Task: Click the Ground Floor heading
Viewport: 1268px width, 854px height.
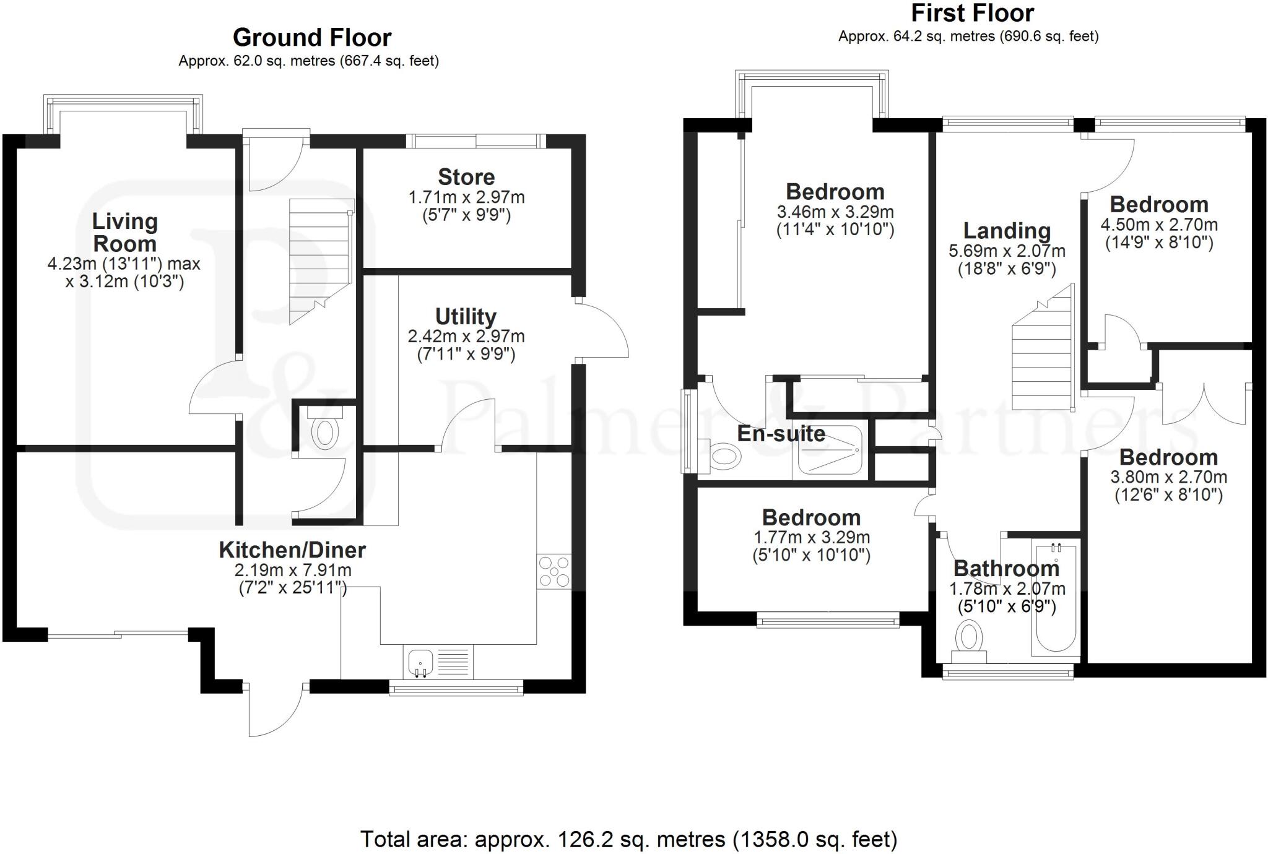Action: coord(312,38)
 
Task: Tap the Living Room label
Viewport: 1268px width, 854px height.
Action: coord(124,232)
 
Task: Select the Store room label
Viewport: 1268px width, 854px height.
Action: coord(466,177)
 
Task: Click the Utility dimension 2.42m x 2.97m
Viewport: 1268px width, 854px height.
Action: coord(466,337)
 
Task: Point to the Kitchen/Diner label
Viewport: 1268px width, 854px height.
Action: coord(292,550)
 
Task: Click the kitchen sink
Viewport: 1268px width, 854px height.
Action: coord(421,663)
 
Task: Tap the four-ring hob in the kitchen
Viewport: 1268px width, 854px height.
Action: coord(554,571)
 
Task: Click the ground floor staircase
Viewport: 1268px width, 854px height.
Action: coord(321,260)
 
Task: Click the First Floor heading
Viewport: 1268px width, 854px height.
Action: coord(972,14)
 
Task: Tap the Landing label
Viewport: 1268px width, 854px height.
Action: coord(1007,231)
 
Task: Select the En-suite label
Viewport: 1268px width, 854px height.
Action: coord(781,434)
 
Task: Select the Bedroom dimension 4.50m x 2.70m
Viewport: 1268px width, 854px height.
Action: coord(1158,225)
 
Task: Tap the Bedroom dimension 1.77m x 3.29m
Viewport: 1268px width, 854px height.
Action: coord(811,537)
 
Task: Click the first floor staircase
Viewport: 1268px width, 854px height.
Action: coord(1043,359)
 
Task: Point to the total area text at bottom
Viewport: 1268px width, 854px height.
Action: coord(628,840)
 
